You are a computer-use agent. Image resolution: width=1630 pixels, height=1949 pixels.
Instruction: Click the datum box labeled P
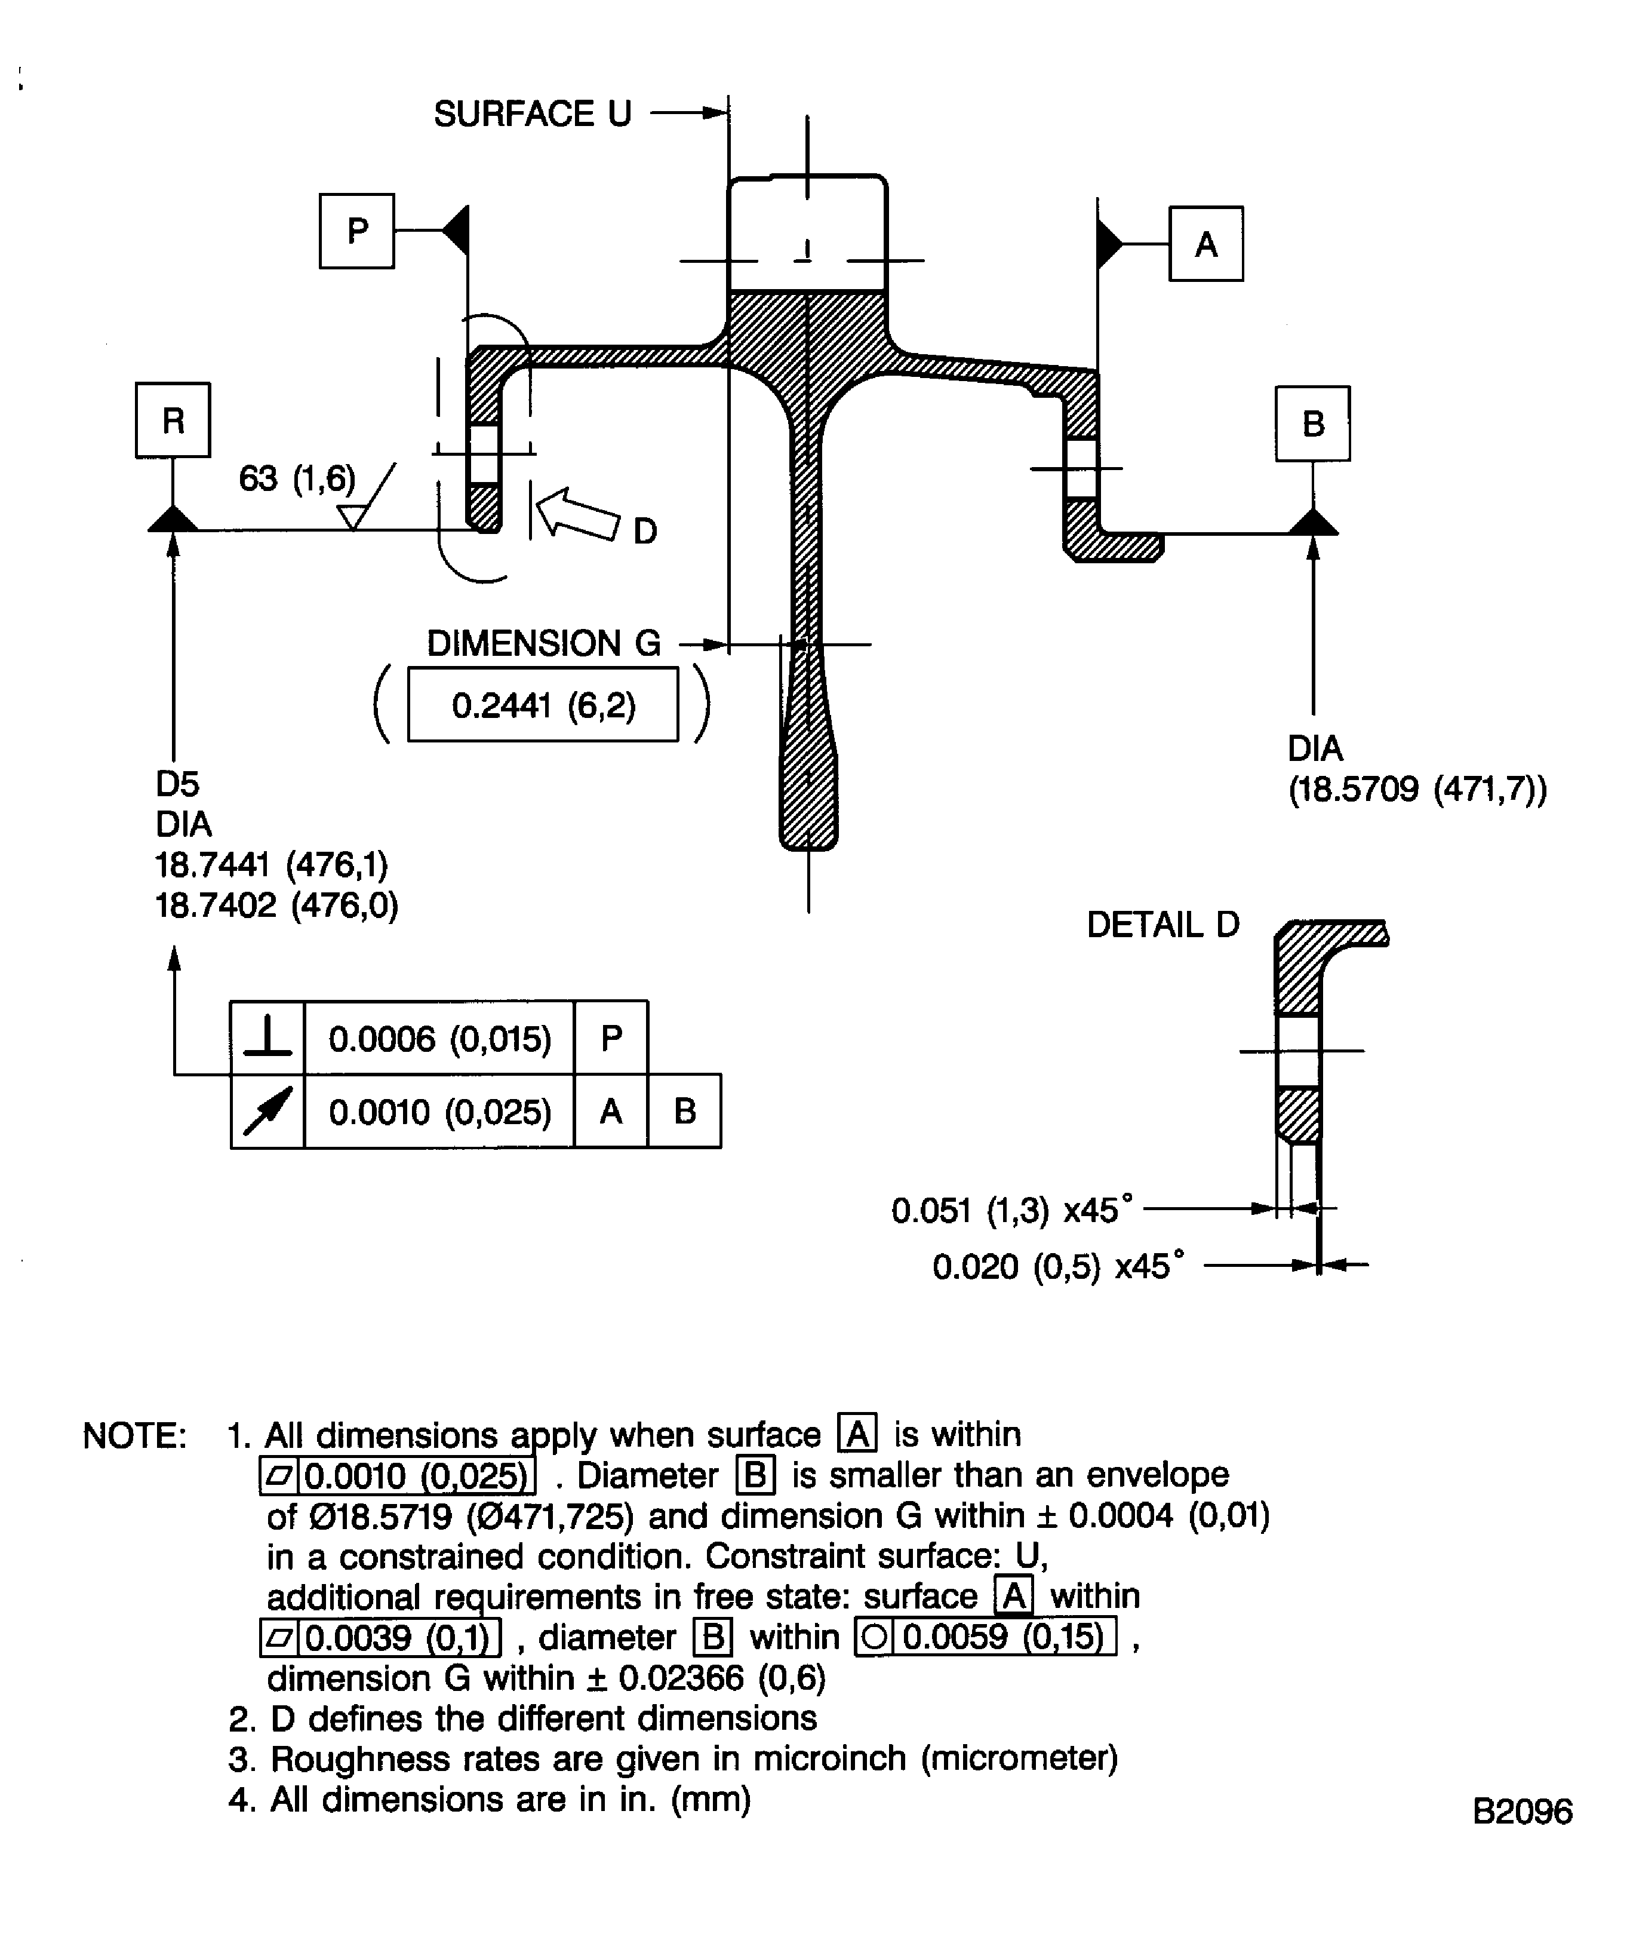[357, 231]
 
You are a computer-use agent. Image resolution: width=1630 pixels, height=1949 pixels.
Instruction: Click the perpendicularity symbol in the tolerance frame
[267, 1038]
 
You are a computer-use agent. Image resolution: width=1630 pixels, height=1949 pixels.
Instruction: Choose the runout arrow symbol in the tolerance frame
[267, 1111]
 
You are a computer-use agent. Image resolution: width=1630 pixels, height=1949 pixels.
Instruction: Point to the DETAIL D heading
[1162, 925]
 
